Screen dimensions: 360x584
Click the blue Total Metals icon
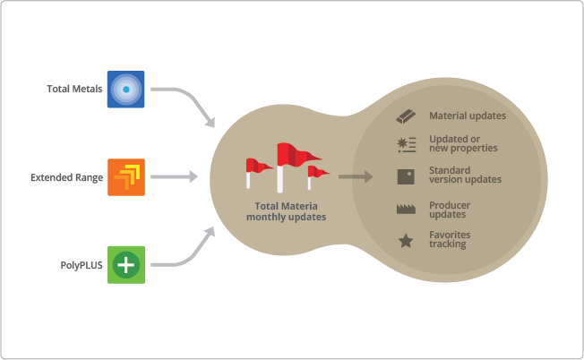point(126,90)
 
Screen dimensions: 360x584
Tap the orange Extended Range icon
point(126,177)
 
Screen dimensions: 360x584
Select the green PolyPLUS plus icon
point(126,265)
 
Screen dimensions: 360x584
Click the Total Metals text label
point(73,90)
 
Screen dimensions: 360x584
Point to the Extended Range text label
point(68,177)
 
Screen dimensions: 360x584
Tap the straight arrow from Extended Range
point(174,177)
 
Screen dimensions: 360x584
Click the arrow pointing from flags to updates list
point(355,177)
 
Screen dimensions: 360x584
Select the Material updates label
point(468,116)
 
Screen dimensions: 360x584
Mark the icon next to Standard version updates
point(405,176)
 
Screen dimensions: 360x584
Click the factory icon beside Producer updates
point(405,210)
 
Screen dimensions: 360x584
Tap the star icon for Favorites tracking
point(405,241)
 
